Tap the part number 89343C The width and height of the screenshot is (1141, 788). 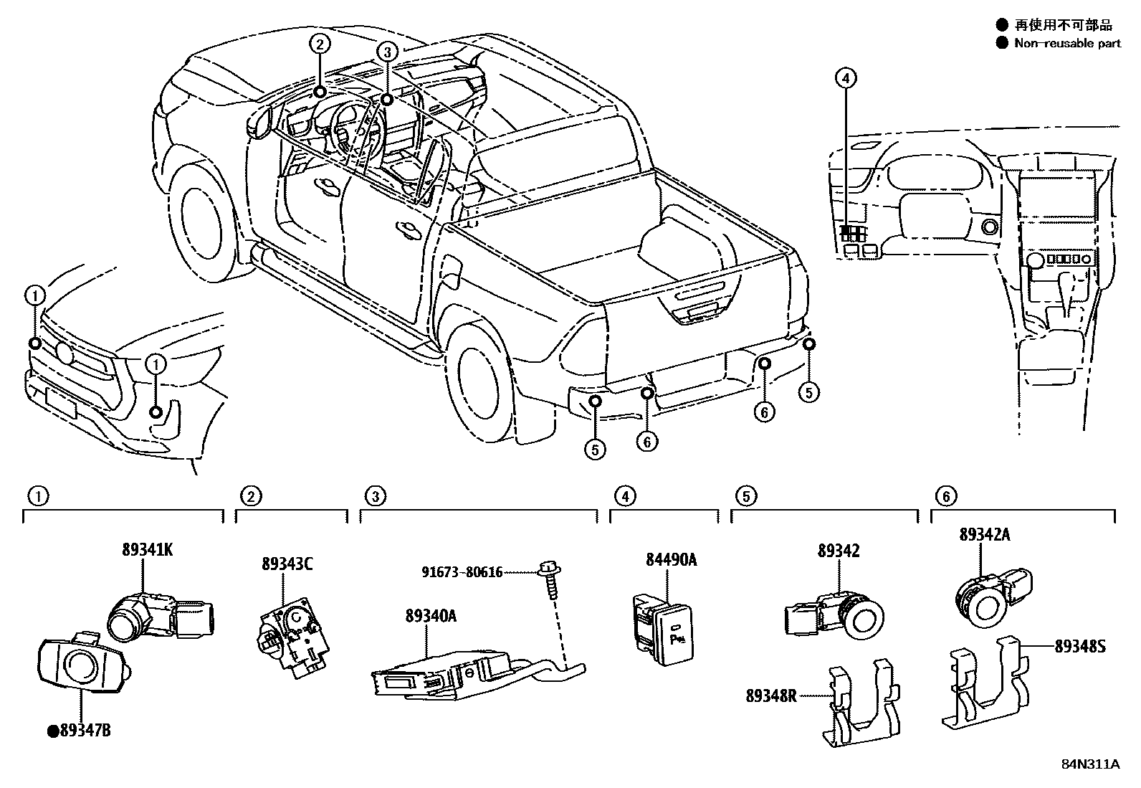click(287, 564)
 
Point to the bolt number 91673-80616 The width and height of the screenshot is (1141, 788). click(462, 572)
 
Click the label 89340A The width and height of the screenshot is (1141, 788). click(430, 616)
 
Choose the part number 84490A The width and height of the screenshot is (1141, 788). click(671, 560)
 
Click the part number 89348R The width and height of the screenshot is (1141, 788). click(770, 695)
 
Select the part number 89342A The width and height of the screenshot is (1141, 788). click(985, 534)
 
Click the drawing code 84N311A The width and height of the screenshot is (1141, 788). click(1090, 764)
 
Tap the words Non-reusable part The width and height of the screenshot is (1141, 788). click(1067, 43)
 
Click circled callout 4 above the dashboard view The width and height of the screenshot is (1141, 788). click(846, 77)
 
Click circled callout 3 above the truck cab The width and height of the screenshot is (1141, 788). click(386, 51)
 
